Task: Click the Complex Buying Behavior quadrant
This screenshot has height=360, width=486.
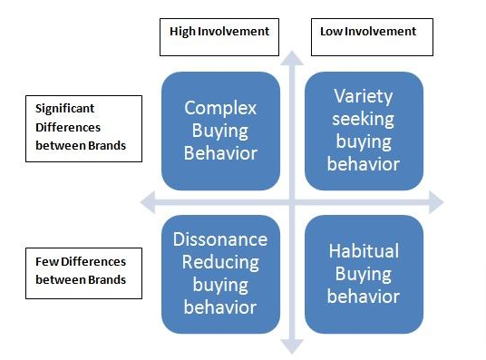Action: click(x=220, y=131)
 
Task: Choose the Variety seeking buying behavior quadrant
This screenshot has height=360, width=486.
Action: click(x=363, y=131)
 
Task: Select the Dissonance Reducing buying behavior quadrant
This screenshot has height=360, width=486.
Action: click(x=220, y=273)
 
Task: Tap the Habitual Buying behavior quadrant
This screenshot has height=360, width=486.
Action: click(x=363, y=273)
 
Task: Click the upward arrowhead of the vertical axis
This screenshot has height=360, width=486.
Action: click(x=292, y=55)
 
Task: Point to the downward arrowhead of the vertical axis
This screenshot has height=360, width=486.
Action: click(x=292, y=345)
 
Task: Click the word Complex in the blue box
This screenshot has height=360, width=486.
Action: click(x=220, y=109)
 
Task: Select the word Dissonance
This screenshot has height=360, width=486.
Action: click(x=220, y=239)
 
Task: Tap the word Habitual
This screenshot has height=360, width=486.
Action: click(x=363, y=251)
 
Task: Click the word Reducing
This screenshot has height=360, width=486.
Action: click(x=220, y=262)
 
